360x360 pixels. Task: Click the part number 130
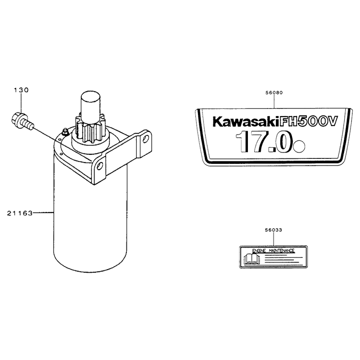point(21,90)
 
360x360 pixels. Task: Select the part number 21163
point(20,213)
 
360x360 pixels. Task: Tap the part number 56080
point(274,93)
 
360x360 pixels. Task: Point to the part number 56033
point(274,230)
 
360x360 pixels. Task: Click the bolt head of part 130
point(17,119)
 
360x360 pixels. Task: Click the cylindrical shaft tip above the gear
point(91,102)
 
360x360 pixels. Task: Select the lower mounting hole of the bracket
point(99,166)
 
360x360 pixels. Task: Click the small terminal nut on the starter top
point(65,132)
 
